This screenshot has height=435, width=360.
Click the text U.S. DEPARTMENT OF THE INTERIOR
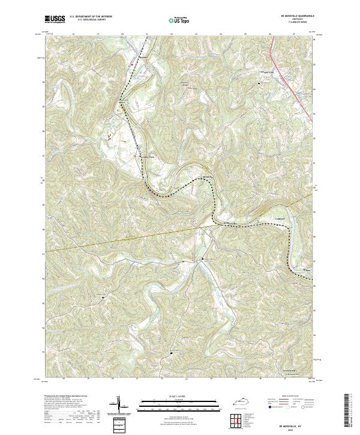94,16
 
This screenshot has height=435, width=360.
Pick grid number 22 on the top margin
171,35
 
